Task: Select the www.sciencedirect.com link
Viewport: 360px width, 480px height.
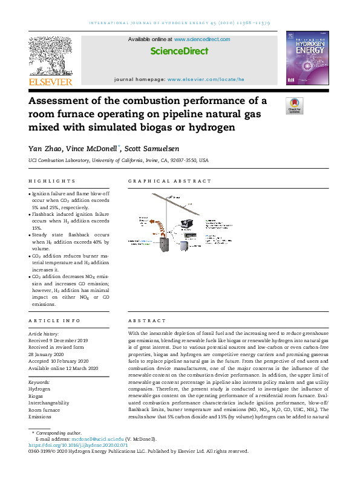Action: pos(201,39)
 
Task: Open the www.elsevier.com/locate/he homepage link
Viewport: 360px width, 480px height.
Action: pos(206,79)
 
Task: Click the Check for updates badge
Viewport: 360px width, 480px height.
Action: pos(294,106)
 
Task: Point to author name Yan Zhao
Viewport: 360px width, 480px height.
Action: pos(45,148)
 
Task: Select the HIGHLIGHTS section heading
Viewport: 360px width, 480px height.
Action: pos(52,181)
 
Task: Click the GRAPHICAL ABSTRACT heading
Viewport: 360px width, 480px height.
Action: pos(170,181)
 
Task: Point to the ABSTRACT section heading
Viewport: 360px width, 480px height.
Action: pos(145,321)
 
